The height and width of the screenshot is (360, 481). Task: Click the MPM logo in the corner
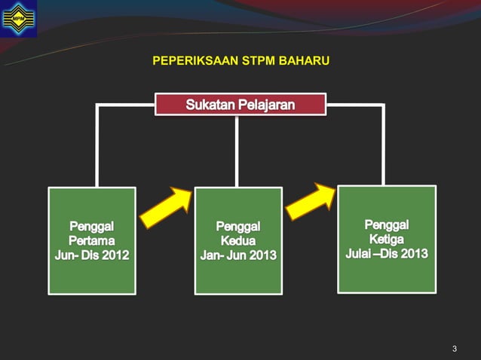[18, 18]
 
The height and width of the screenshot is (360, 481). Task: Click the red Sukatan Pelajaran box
[240, 104]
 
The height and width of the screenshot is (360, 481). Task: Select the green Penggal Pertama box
[92, 240]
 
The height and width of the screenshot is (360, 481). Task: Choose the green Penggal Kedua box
[238, 240]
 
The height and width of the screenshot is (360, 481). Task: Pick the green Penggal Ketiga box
[387, 238]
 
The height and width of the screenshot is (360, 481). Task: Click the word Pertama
[92, 240]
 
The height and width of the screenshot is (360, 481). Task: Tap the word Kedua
[238, 241]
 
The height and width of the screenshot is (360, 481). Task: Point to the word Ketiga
[387, 239]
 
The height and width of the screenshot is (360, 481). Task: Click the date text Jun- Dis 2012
[92, 255]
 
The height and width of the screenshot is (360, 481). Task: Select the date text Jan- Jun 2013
[238, 256]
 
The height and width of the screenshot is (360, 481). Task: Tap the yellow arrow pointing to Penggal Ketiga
[311, 201]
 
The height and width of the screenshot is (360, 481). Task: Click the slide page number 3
[455, 348]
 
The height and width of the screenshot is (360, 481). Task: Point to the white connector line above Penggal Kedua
[237, 151]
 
